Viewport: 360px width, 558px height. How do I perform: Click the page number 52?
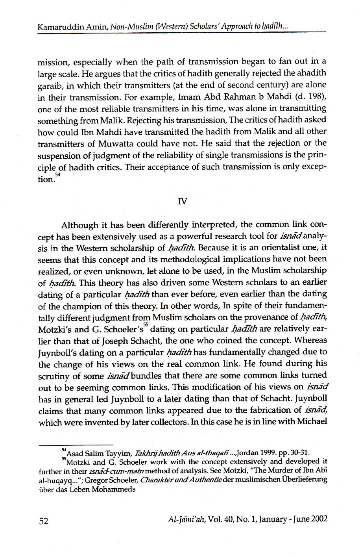(43, 521)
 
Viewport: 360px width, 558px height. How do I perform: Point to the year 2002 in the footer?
(319, 519)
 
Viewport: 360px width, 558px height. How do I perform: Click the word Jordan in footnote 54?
(225, 452)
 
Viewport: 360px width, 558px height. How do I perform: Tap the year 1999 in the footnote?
(245, 452)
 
